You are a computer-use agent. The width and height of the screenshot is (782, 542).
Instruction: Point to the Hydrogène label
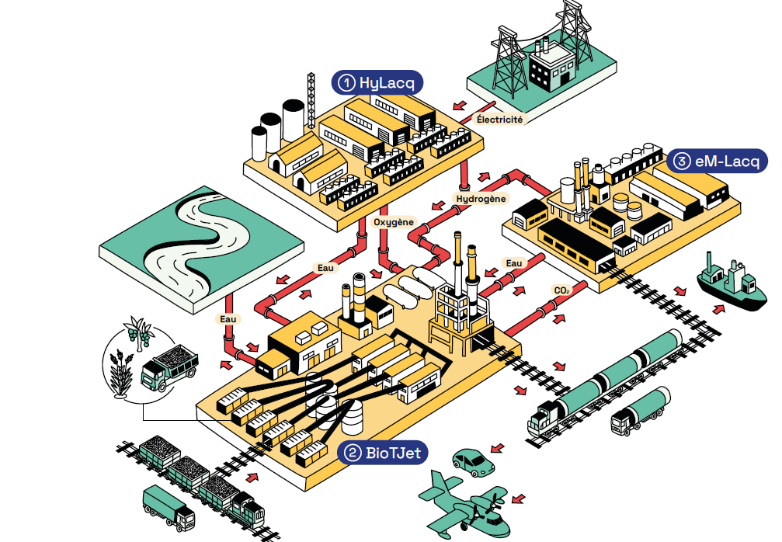click(480, 199)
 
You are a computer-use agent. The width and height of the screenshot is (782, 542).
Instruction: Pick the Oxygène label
click(394, 221)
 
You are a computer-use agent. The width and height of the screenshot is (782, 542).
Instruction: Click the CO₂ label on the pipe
click(561, 290)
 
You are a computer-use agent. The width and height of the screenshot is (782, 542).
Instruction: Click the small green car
click(473, 461)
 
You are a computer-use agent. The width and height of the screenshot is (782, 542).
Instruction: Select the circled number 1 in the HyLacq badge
click(347, 82)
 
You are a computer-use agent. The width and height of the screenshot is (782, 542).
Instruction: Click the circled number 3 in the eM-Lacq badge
click(682, 162)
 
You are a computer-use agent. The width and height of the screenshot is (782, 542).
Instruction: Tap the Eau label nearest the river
click(228, 318)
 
